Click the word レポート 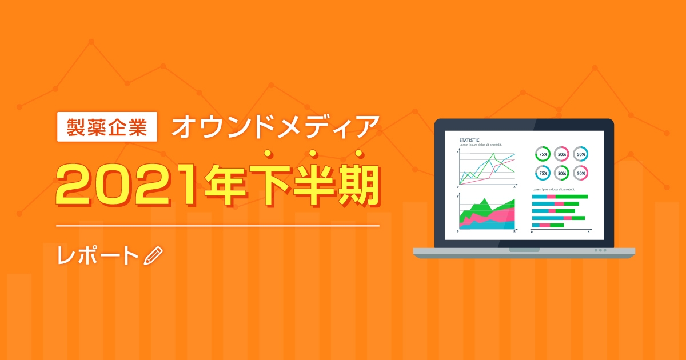(98, 256)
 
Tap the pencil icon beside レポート (154, 256)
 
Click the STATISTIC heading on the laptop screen (469, 140)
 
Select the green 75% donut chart (543, 154)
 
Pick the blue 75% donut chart (543, 173)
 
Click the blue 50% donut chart (581, 154)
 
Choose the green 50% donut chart (562, 173)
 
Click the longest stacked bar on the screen (560, 197)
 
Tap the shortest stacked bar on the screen (548, 225)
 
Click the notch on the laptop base (524, 250)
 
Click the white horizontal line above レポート (218, 226)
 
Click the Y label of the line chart (458, 151)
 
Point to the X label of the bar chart (589, 231)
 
